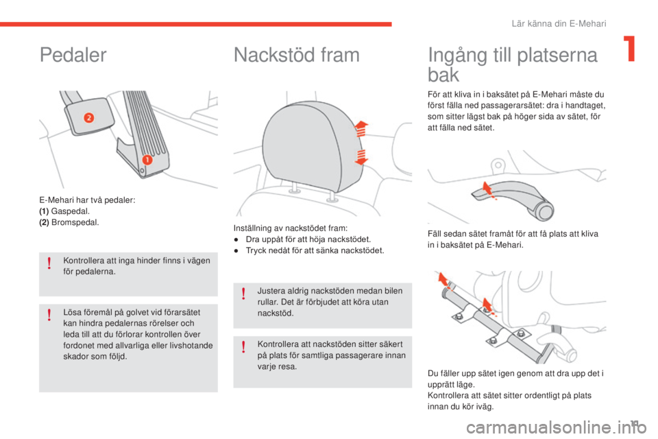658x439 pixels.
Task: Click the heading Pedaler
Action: [x=73, y=56]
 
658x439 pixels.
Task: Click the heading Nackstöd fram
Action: [x=296, y=56]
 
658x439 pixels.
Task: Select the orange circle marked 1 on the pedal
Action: [x=146, y=160]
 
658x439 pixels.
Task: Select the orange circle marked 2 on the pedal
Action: [x=88, y=117]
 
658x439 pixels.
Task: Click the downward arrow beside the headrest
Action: [x=361, y=156]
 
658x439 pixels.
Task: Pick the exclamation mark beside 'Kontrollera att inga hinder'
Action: [x=50, y=264]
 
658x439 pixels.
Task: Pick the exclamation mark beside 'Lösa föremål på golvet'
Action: [x=50, y=315]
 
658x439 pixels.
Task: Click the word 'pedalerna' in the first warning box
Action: [x=94, y=270]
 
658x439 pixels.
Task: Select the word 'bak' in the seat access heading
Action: [x=443, y=74]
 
